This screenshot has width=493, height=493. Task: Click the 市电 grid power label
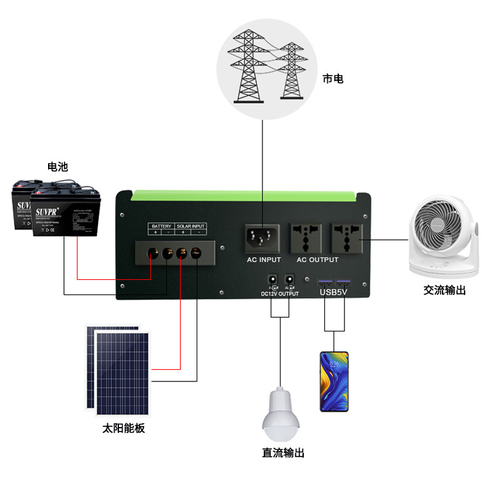(x=333, y=79)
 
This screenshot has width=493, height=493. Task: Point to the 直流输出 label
(x=283, y=453)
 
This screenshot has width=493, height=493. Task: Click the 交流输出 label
(x=444, y=290)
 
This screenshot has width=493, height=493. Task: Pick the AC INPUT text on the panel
(x=264, y=260)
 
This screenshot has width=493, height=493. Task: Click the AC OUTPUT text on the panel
(x=317, y=260)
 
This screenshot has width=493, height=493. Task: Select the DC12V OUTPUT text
(x=280, y=294)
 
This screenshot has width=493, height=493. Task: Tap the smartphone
(x=334, y=381)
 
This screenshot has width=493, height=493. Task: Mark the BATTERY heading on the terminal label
(x=161, y=226)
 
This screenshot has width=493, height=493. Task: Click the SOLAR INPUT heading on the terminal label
(x=191, y=226)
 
